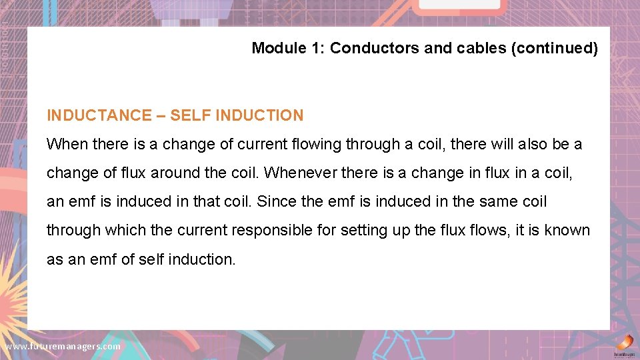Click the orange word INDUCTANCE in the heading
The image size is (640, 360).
click(99, 115)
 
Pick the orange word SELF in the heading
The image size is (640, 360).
click(191, 115)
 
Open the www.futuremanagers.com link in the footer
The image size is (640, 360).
click(63, 347)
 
